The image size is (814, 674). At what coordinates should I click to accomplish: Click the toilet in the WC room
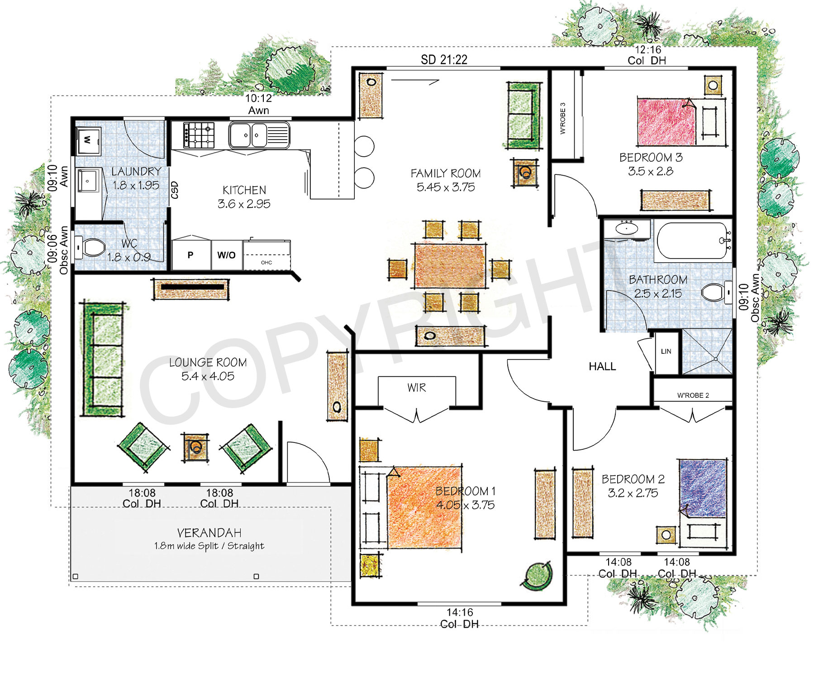92,248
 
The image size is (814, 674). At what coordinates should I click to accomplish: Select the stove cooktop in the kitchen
199,135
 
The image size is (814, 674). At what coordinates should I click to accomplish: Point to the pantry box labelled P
190,255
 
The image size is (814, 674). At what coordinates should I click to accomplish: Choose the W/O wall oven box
226,255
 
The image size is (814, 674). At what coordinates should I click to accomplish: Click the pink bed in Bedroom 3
665,122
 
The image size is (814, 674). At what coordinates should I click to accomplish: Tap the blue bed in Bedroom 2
702,488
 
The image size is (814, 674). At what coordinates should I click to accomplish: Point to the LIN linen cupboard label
666,351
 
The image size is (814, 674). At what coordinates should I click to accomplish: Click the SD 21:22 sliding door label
444,60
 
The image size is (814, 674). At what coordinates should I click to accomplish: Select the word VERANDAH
209,533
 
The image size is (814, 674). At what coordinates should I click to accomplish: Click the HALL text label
602,366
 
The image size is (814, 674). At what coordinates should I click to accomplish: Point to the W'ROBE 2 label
693,395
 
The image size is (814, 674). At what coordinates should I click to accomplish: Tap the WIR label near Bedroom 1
416,388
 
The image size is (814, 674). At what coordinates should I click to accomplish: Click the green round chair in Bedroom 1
538,575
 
